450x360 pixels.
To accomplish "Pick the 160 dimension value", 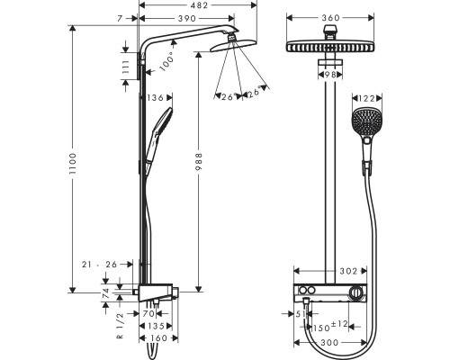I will point(157,339).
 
